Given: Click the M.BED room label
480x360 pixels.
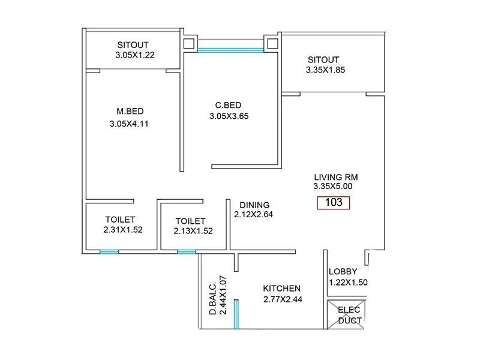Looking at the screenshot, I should tap(130, 111).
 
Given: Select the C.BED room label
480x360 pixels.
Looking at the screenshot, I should tap(228, 104).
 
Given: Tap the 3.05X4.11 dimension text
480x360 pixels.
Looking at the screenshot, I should tap(128, 124).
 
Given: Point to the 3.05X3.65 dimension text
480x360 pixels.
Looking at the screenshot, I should tap(229, 116).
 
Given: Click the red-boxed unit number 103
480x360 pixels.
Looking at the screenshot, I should tap(333, 203).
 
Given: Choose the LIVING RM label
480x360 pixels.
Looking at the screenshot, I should tap(335, 177).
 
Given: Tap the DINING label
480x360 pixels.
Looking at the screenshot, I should tap(254, 205).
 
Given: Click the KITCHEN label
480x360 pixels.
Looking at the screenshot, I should tap(281, 289).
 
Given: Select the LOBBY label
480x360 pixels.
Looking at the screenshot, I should tap(343, 271).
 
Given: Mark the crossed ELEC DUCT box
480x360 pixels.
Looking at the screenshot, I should tap(344, 314).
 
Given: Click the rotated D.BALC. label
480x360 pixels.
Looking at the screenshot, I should tap(212, 299).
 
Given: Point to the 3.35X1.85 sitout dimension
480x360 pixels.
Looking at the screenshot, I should tap(325, 70).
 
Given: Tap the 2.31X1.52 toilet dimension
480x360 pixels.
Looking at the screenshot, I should tap(122, 229).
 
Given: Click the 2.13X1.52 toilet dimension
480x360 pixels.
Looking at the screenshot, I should tap(193, 230).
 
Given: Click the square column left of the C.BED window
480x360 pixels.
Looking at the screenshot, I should tap(190, 43).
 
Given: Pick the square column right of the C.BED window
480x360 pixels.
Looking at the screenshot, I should tap(273, 43).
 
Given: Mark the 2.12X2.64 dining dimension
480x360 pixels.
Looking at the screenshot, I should tap(253, 214).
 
